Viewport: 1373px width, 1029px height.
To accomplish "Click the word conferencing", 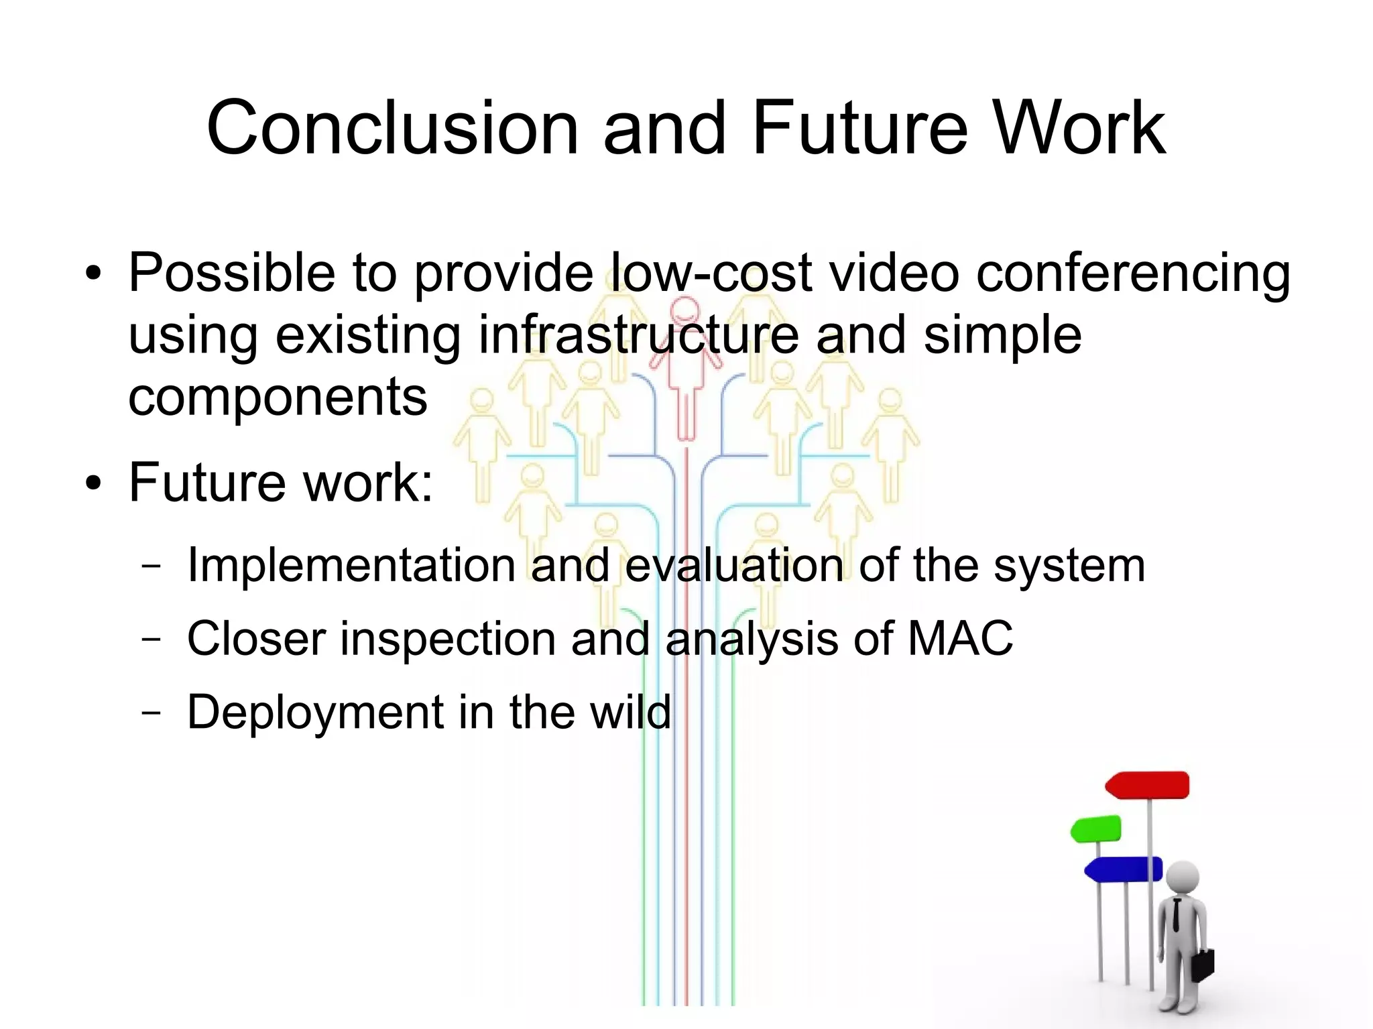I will tap(1133, 274).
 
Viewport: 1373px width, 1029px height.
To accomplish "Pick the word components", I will tap(278, 397).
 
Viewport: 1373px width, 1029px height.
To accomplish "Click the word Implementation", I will tap(351, 565).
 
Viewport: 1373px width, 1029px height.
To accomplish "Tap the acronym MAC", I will tap(959, 638).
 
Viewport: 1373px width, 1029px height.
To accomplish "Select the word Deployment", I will tap(314, 712).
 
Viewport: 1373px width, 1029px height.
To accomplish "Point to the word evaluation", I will tap(734, 565).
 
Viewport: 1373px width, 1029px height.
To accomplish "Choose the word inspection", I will tap(448, 639).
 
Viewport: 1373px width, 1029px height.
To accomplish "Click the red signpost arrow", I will tap(1148, 785).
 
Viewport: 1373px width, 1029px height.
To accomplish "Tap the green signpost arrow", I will tap(1096, 829).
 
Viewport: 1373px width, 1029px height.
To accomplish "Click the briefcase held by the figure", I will tap(1203, 964).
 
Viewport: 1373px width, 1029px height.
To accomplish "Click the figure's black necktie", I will tap(1177, 916).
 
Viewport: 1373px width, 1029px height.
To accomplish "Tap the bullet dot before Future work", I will tap(94, 483).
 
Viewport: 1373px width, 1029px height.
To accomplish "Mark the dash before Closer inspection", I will tap(152, 638).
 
